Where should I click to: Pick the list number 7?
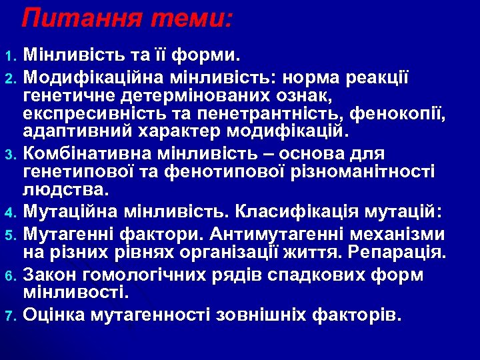[9, 314]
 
